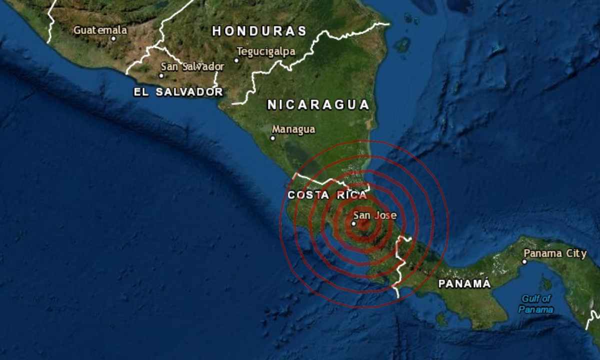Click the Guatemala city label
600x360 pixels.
coord(100,30)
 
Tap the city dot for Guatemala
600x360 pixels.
coord(113,38)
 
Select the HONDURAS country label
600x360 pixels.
coord(259,31)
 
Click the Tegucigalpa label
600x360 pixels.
coord(265,51)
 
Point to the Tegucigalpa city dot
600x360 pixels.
coord(236,60)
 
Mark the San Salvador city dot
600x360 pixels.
coord(161,75)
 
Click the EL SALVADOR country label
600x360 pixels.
coord(178,92)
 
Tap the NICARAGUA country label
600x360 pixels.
coord(318,104)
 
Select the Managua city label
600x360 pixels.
coord(293,129)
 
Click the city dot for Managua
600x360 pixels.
coord(273,138)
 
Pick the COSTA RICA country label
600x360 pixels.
coord(327,195)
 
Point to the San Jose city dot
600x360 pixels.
coord(353,223)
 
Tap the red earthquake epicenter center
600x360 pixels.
coord(364,224)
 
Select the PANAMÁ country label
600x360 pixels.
coord(464,283)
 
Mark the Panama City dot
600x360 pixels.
coord(524,261)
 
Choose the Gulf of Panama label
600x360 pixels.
coord(536,304)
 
